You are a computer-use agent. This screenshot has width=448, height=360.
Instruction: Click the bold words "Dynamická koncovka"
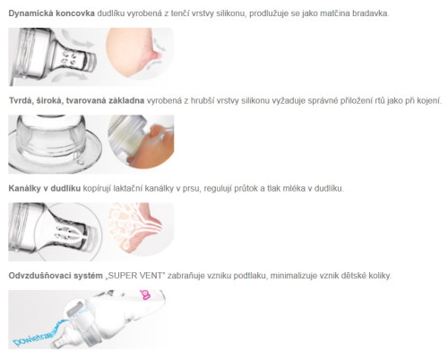51,13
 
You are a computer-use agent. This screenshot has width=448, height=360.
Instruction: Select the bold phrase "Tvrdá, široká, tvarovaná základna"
76,100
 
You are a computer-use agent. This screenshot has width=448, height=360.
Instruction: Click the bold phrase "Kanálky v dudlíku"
45,188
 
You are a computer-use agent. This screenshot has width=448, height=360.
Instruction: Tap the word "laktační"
128,188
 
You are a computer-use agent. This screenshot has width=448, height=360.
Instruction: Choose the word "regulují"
218,189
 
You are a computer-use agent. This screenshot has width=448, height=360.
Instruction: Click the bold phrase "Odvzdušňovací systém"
56,276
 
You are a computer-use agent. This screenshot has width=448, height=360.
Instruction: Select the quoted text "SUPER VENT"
135,276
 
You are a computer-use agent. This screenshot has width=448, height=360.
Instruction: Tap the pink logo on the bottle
145,295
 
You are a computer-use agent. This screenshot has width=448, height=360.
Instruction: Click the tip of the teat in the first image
92,61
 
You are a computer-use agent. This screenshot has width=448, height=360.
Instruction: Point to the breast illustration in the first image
134,52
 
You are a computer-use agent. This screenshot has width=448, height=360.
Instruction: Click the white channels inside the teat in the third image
71,235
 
